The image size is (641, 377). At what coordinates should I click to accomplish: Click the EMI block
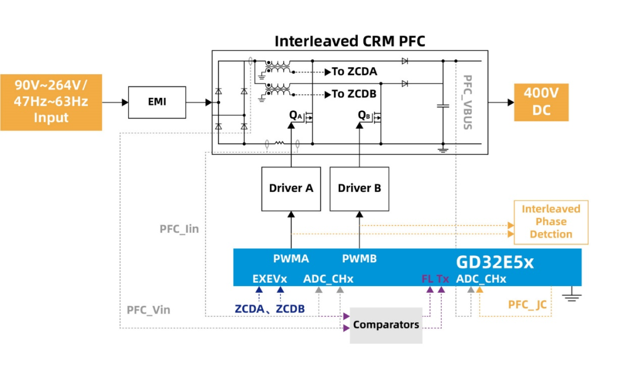click(157, 102)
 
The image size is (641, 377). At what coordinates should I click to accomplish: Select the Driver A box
click(291, 188)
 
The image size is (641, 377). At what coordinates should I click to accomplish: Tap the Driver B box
click(359, 188)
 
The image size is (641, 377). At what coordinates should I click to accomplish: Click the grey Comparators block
click(386, 325)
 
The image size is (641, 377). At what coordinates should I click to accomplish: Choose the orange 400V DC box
click(541, 102)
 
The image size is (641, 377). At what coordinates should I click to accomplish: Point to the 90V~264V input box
click(51, 102)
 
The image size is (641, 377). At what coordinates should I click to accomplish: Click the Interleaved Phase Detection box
click(551, 222)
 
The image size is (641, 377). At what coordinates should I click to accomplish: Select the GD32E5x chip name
click(494, 262)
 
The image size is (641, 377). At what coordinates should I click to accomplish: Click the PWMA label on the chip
click(291, 259)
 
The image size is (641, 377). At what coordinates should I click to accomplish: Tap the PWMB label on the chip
click(359, 259)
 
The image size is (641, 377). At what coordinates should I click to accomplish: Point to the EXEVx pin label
click(269, 278)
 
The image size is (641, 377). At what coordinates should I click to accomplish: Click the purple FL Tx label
click(435, 278)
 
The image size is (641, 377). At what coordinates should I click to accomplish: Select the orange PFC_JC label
click(527, 305)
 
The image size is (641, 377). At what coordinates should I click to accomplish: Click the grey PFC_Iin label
click(179, 229)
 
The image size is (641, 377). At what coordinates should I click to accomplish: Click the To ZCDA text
click(354, 72)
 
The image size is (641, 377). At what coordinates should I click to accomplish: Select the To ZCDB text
click(354, 94)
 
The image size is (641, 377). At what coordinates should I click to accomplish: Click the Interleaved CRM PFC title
click(350, 41)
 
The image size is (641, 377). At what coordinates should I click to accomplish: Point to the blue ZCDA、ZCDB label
click(269, 309)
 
